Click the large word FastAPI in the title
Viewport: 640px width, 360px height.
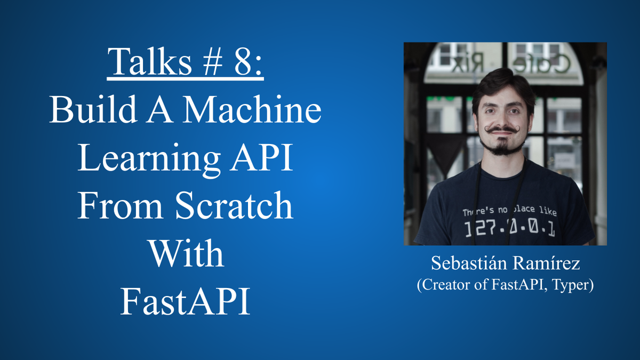186,302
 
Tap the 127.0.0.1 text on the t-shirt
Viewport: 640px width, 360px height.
509,229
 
